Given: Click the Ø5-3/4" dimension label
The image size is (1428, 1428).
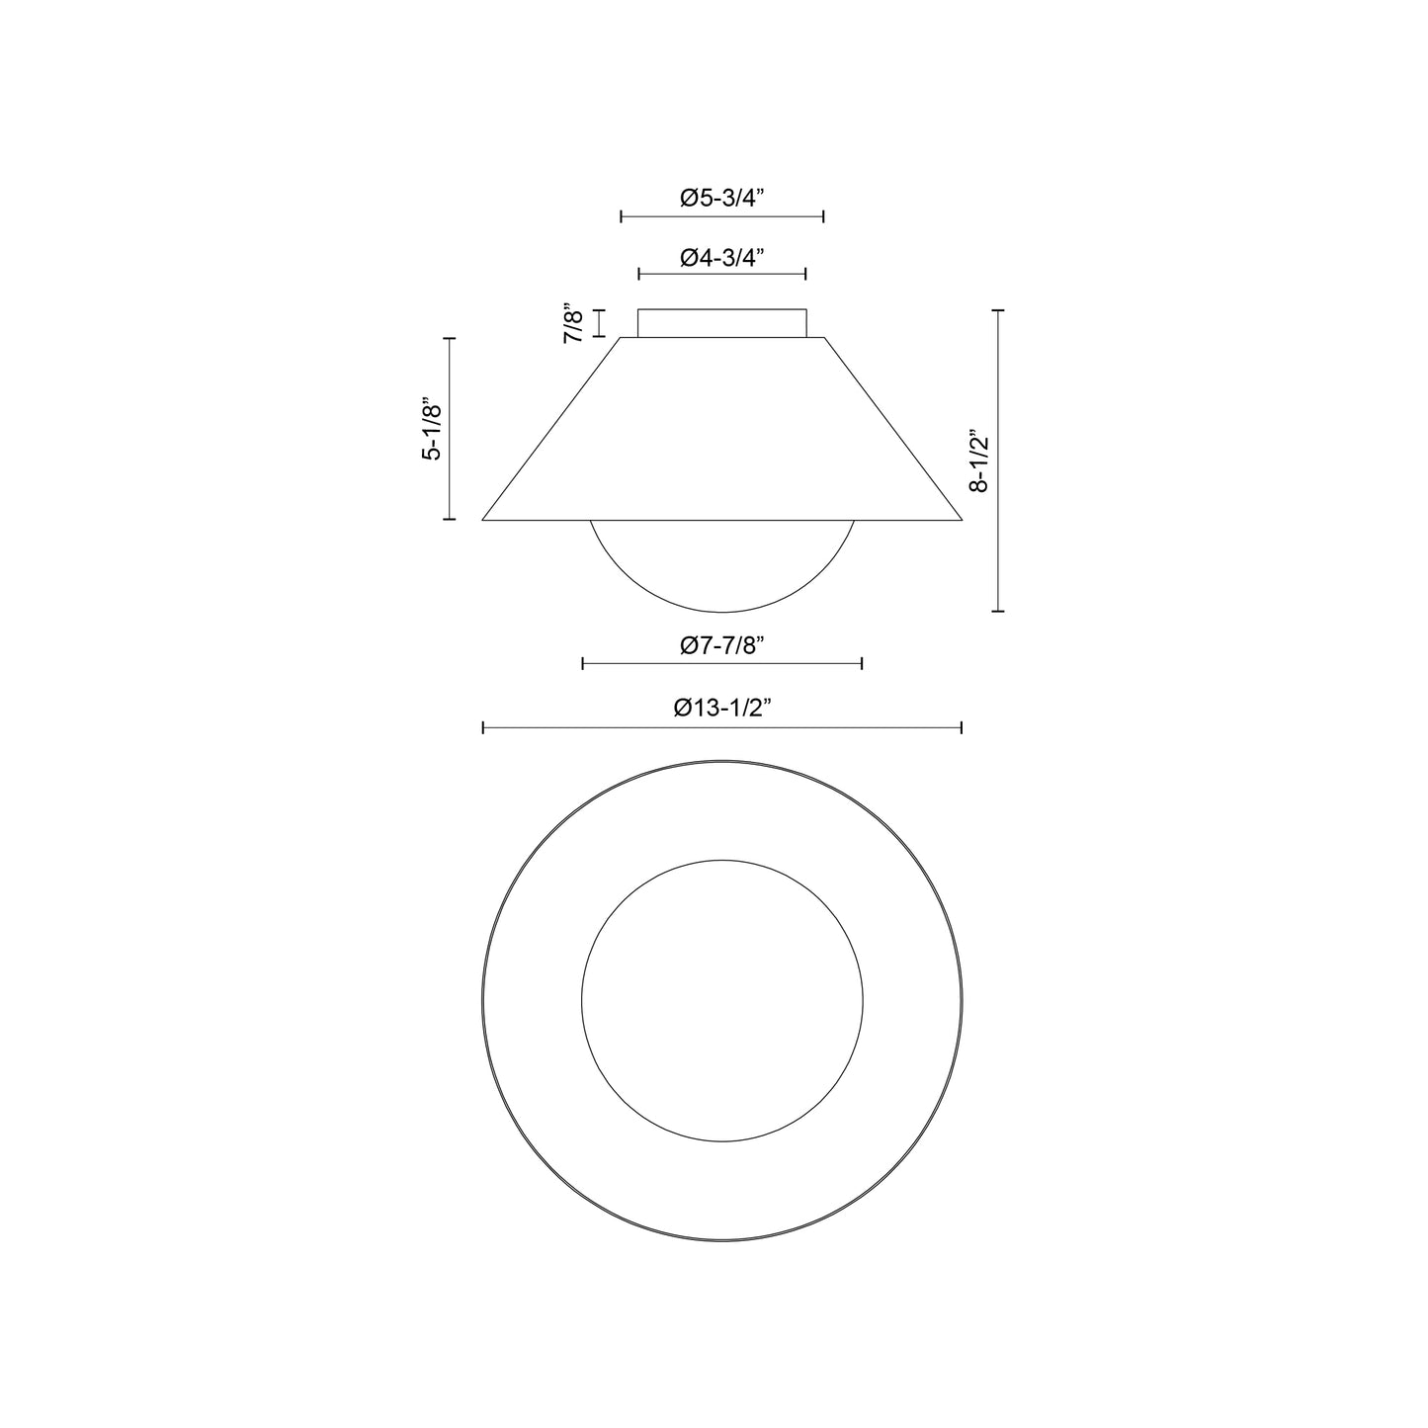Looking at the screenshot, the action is tap(721, 198).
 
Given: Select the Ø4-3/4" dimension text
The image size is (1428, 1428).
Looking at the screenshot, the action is tap(721, 257).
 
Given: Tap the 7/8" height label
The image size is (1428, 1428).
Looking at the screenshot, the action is tap(574, 322).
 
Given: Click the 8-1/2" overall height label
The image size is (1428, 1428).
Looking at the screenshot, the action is tap(978, 462).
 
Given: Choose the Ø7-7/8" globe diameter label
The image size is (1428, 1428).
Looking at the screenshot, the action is tap(721, 646).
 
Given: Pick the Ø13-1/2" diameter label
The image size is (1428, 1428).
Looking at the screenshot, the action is tap(721, 709).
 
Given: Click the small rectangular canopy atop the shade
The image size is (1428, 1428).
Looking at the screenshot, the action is tap(721, 323).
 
